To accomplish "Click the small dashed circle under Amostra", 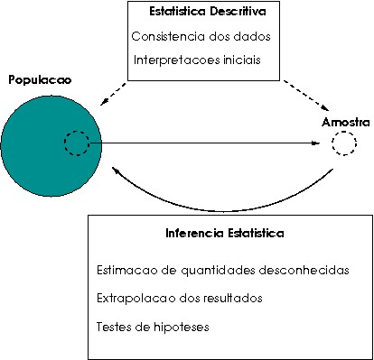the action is (x=343, y=143).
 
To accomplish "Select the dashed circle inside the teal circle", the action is (x=77, y=143).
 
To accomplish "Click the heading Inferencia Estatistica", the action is (x=225, y=233).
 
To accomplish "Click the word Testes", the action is (x=111, y=326).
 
